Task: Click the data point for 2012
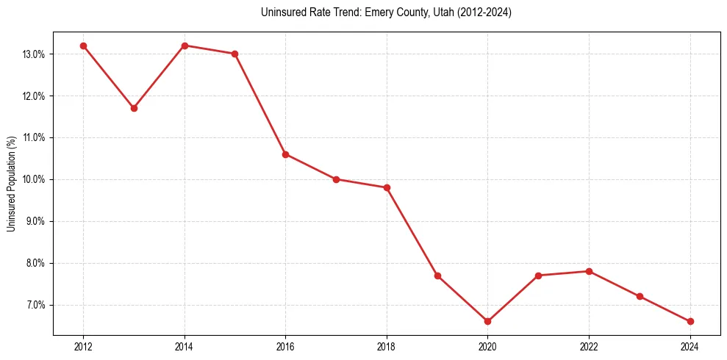(83, 46)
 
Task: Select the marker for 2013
(134, 108)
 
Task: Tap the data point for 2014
(185, 46)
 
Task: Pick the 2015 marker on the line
(234, 54)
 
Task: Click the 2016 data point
(285, 154)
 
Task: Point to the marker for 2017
(336, 179)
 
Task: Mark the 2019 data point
(437, 276)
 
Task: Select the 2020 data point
(487, 321)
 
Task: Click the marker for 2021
(538, 276)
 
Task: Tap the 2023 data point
(640, 296)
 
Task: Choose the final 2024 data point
(690, 321)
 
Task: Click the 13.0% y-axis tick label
(34, 54)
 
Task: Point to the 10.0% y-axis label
(34, 180)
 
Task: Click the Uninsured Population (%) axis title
(11, 184)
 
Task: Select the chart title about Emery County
(386, 12)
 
